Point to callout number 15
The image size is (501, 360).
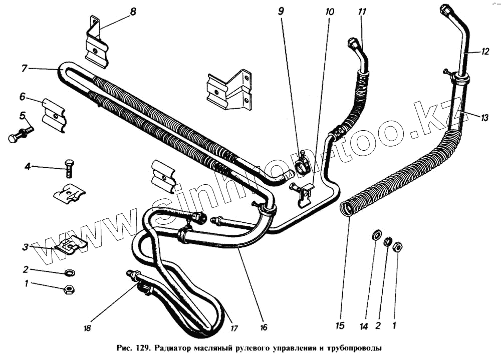[x=340, y=326]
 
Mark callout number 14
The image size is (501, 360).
[x=364, y=326]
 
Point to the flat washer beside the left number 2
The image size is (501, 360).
[x=69, y=273]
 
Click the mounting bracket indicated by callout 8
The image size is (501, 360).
[x=96, y=43]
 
